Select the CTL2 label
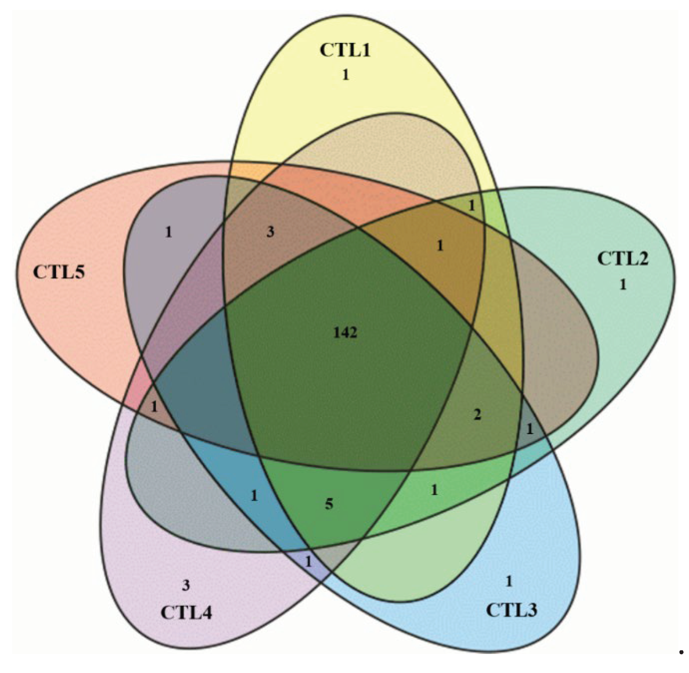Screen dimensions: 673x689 [x=623, y=258]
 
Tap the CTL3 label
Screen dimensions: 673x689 [x=511, y=610]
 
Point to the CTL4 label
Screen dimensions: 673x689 [x=186, y=612]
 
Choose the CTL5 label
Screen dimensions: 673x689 [x=59, y=272]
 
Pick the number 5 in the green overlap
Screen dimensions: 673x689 [x=329, y=504]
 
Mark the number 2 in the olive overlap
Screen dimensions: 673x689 [x=477, y=415]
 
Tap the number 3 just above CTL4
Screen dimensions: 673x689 [x=186, y=585]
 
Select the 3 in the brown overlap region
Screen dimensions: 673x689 [x=270, y=232]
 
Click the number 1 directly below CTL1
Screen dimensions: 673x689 [x=345, y=75]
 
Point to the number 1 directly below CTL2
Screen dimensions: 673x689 [x=623, y=284]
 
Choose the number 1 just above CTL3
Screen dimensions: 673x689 [x=508, y=581]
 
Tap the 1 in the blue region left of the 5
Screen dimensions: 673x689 [x=254, y=496]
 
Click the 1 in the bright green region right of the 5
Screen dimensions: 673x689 [x=434, y=490]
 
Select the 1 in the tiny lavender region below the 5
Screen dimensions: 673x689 [x=308, y=562]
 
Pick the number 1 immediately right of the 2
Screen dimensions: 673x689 [x=529, y=429]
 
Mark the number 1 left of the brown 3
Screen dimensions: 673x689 [x=168, y=232]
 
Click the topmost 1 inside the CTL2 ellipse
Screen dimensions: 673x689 [x=471, y=205]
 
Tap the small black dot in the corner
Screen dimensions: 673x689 [x=681, y=652]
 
